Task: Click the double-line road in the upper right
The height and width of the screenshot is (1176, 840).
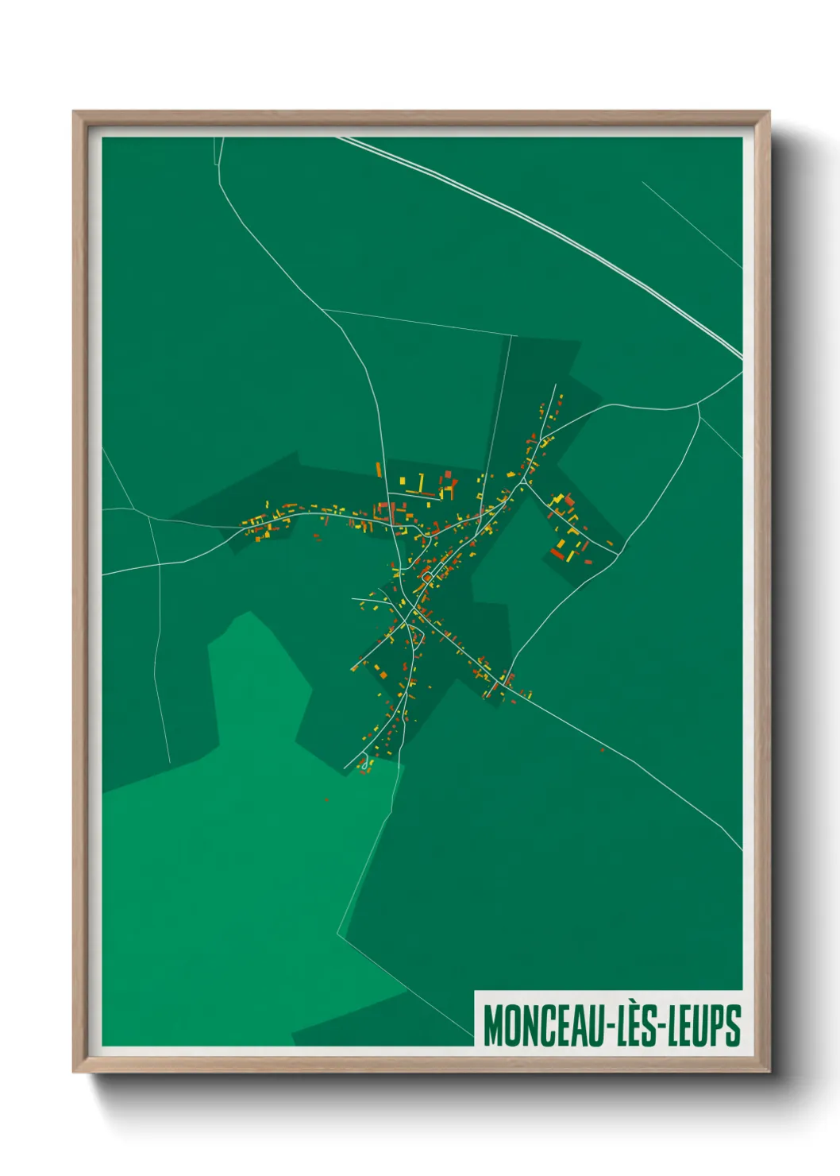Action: click(x=556, y=231)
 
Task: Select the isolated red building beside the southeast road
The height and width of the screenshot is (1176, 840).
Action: click(x=602, y=749)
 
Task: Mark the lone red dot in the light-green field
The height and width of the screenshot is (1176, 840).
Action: click(x=326, y=799)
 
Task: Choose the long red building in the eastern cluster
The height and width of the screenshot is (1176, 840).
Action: click(x=557, y=554)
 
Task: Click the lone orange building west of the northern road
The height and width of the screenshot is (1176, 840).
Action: click(x=379, y=470)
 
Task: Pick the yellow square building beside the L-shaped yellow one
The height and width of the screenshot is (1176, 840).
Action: click(x=402, y=481)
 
